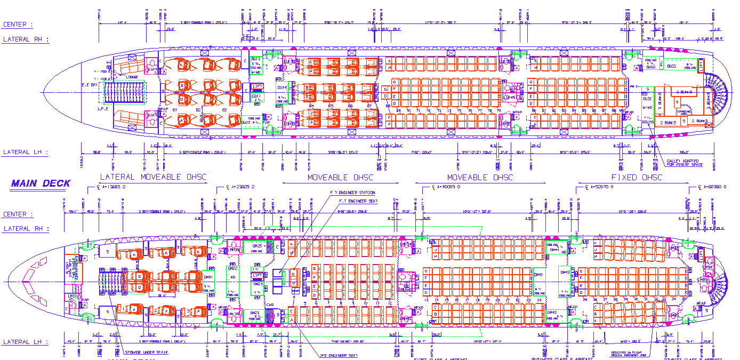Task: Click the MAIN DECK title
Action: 41,184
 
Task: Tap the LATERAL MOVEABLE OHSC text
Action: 153,178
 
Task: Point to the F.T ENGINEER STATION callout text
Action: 352,193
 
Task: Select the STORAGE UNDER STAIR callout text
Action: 146,352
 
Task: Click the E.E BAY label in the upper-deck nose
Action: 89,85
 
